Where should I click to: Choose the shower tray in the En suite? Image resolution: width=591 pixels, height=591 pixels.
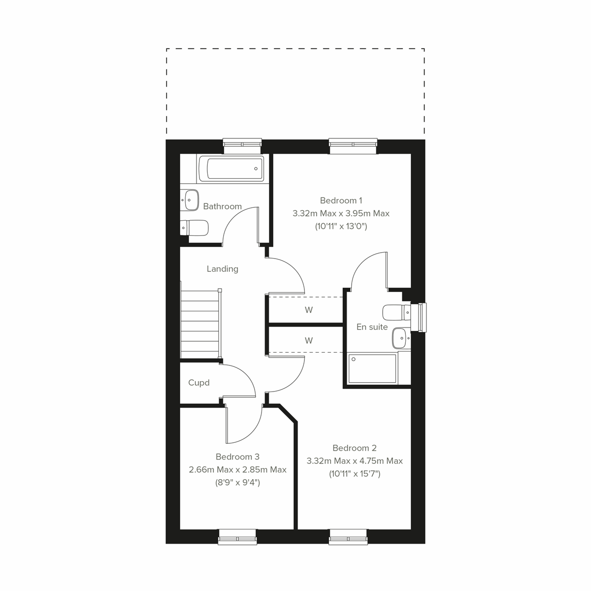point(372,368)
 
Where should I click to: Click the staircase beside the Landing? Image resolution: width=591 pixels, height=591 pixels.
point(199,324)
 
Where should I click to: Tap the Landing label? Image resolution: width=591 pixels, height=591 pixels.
point(222,269)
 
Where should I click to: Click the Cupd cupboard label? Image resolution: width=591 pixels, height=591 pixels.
point(199,383)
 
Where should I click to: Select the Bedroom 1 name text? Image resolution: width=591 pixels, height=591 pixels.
point(341,200)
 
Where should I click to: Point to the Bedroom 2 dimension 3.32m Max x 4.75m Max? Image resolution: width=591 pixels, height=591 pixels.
point(355,461)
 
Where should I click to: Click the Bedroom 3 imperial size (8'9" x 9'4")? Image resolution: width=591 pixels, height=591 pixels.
point(237,483)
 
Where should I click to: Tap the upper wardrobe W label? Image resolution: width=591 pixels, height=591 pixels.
point(309,310)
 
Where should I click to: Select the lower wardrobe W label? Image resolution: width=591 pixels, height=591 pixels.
point(309,341)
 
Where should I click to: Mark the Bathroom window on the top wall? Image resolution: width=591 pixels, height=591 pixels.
point(242,144)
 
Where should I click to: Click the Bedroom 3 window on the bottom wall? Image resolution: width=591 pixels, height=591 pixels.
point(237,536)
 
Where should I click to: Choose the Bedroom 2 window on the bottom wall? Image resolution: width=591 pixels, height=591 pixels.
point(349,536)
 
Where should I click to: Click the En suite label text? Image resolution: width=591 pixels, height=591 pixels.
point(372,327)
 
